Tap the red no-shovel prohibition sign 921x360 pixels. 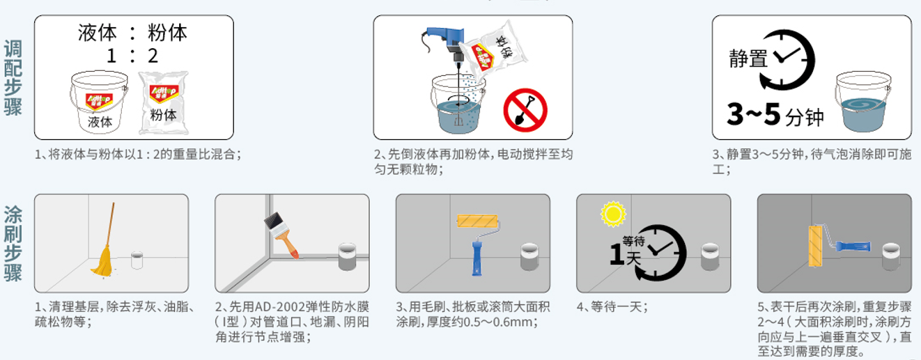pos(525,110)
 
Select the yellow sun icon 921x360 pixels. pos(613,214)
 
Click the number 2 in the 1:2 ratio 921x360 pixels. pos(153,56)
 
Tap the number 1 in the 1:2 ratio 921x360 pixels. pos(111,56)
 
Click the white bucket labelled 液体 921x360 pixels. pos(99,101)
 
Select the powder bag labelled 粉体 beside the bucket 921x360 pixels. pos(164,103)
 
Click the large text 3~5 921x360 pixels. pos(753,114)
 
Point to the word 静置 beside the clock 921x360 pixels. pos(748,58)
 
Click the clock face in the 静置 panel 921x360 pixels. pos(787,60)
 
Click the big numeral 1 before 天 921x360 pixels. pos(617,254)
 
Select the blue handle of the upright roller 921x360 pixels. pos(477,258)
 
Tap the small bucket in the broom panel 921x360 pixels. pos(137,260)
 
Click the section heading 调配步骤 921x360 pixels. pos(13,78)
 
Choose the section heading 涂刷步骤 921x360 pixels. pos(13,243)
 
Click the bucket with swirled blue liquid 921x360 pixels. pos(863,102)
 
